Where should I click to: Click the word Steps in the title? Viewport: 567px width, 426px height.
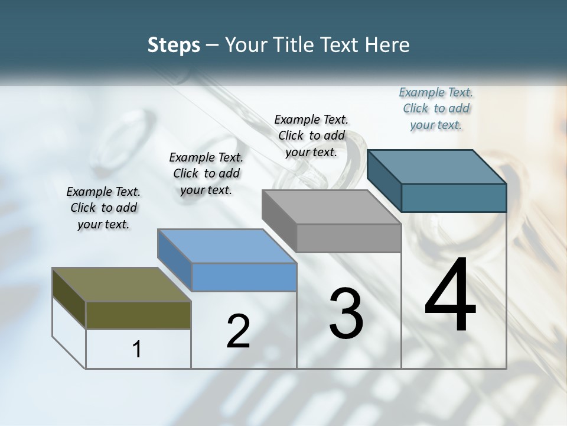click(x=174, y=45)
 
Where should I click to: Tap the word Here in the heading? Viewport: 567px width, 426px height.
click(x=387, y=45)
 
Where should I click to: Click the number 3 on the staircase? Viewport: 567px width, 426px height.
click(x=346, y=313)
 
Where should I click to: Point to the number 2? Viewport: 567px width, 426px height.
click(x=238, y=331)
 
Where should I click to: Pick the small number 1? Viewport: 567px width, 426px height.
click(x=137, y=349)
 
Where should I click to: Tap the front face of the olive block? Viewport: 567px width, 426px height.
click(x=138, y=315)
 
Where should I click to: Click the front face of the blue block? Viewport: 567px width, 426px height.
click(x=244, y=277)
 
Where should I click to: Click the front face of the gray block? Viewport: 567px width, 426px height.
click(x=348, y=238)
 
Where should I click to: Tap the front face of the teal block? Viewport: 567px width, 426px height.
click(x=454, y=198)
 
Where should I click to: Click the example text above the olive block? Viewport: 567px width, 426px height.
click(x=103, y=208)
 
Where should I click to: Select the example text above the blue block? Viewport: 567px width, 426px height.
click(x=206, y=173)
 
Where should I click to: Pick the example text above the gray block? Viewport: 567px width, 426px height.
click(x=311, y=135)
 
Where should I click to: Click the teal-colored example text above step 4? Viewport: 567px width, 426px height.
click(x=436, y=108)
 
